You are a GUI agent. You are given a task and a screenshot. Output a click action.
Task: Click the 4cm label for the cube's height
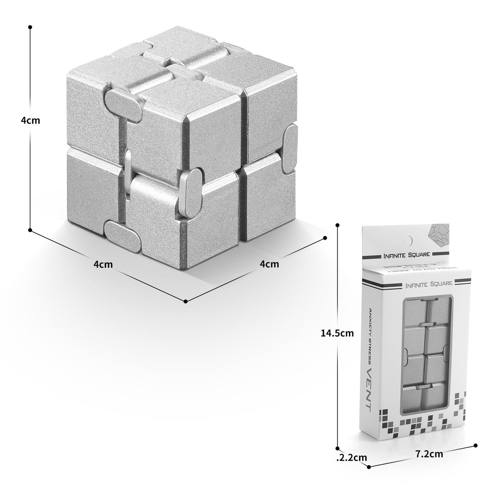coord(31,121)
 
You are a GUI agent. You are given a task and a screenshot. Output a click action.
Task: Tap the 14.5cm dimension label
coord(337,333)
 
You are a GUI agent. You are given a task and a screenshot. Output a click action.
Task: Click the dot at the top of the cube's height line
coord(30,27)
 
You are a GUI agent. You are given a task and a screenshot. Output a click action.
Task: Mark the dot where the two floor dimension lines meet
coord(185,301)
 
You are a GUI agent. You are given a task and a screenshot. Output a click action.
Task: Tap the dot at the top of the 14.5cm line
coord(338,225)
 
